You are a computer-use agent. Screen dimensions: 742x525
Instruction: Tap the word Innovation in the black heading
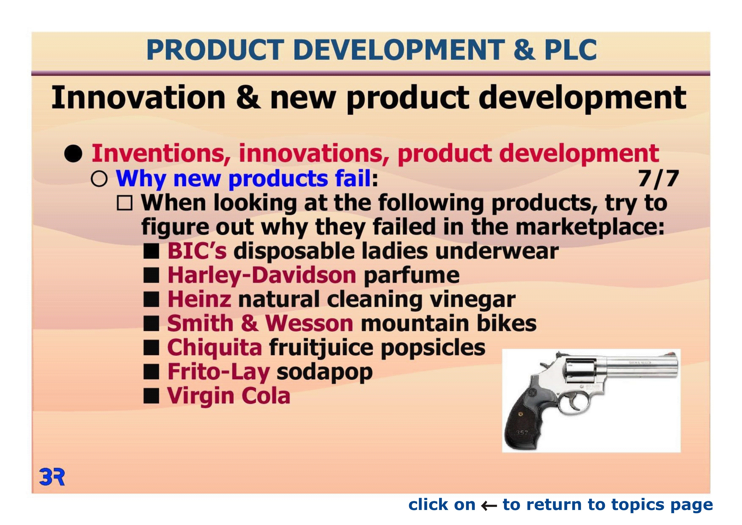[x=138, y=97]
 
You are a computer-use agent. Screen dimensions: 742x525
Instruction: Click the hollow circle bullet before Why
[x=99, y=179]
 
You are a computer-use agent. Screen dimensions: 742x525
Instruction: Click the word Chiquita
[x=215, y=348]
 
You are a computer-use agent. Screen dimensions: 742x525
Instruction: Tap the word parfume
[x=411, y=276]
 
